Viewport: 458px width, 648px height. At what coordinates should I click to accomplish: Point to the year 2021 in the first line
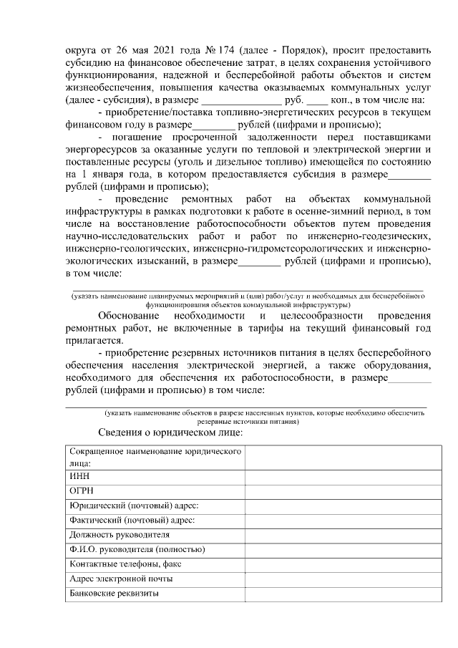click(155, 50)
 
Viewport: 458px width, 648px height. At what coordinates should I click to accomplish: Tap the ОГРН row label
click(82, 490)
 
